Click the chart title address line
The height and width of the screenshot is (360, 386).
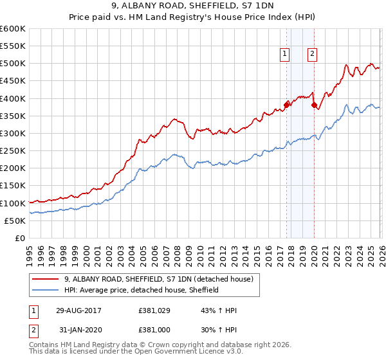[x=192, y=7]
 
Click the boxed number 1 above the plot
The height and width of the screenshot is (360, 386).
[x=284, y=55]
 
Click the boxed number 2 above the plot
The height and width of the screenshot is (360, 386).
[x=312, y=55]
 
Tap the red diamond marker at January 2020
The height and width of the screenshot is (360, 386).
[x=314, y=105]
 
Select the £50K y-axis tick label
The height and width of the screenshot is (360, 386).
[x=15, y=221]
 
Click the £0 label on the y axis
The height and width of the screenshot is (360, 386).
[x=20, y=238]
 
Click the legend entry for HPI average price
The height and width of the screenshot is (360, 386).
[x=142, y=290]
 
